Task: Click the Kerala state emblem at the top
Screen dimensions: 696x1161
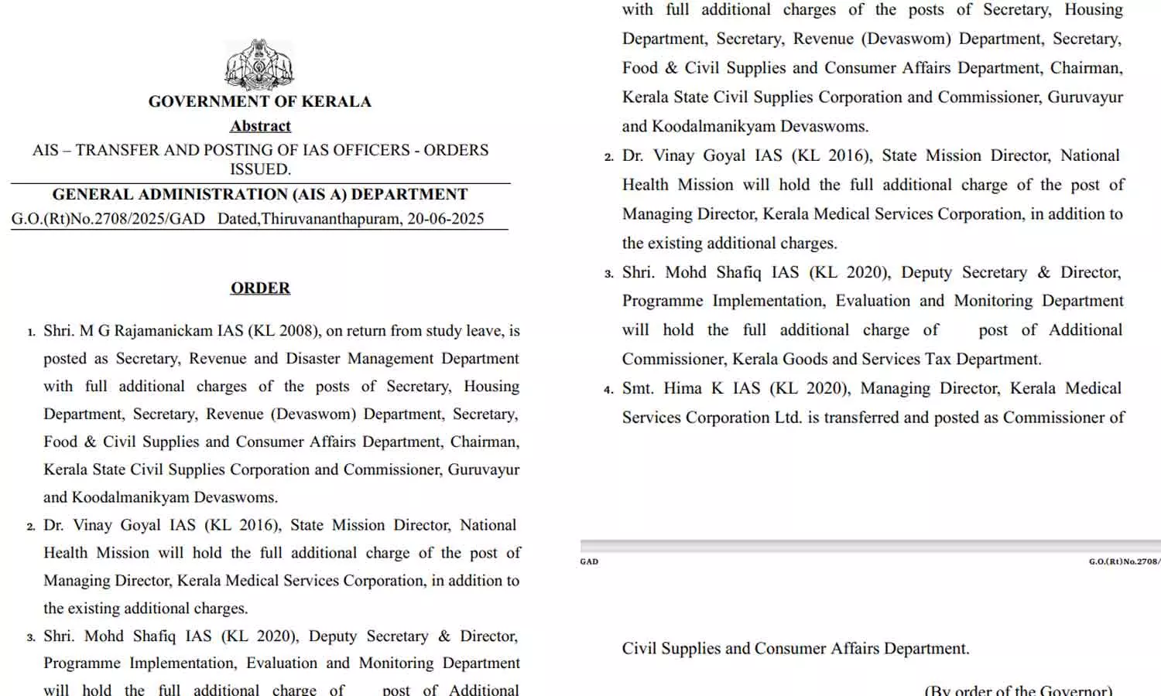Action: click(x=259, y=65)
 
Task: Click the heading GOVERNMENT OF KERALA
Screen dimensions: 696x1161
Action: click(x=259, y=101)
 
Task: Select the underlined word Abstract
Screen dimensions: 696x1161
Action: click(x=260, y=126)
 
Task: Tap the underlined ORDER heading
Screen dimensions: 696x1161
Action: click(x=260, y=288)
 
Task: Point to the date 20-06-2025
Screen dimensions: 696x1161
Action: click(x=446, y=219)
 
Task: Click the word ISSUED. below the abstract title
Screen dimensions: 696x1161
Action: click(x=260, y=169)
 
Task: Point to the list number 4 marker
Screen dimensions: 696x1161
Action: click(x=609, y=390)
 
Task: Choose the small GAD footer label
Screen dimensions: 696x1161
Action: click(x=589, y=561)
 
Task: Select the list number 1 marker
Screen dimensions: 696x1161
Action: click(x=32, y=333)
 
